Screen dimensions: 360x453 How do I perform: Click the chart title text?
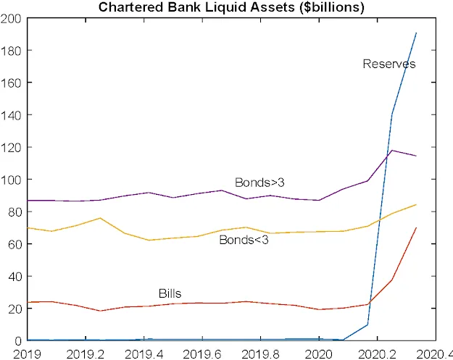pos(231,7)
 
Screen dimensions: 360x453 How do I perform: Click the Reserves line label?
pos(389,64)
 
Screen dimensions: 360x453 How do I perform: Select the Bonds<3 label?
pos(244,240)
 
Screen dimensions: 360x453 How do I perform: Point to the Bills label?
pos(170,293)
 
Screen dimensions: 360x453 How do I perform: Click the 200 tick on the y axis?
pos(12,19)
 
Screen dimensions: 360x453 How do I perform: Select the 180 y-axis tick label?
pos(12,51)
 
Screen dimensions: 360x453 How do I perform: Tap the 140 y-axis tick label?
pos(12,115)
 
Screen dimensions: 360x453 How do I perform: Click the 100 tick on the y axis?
pos(12,180)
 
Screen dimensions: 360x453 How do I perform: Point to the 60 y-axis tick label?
pos(14,244)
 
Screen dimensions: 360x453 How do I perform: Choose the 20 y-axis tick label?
pos(14,309)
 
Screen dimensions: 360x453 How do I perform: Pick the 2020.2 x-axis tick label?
pos(377,353)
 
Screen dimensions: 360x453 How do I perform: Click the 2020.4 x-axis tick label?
pos(435,353)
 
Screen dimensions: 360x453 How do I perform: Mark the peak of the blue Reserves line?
pos(416,33)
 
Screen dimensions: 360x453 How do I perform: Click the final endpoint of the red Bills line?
pos(416,228)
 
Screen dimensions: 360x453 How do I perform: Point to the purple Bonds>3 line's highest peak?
pos(392,151)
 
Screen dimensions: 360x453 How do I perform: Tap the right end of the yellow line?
pos(416,204)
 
